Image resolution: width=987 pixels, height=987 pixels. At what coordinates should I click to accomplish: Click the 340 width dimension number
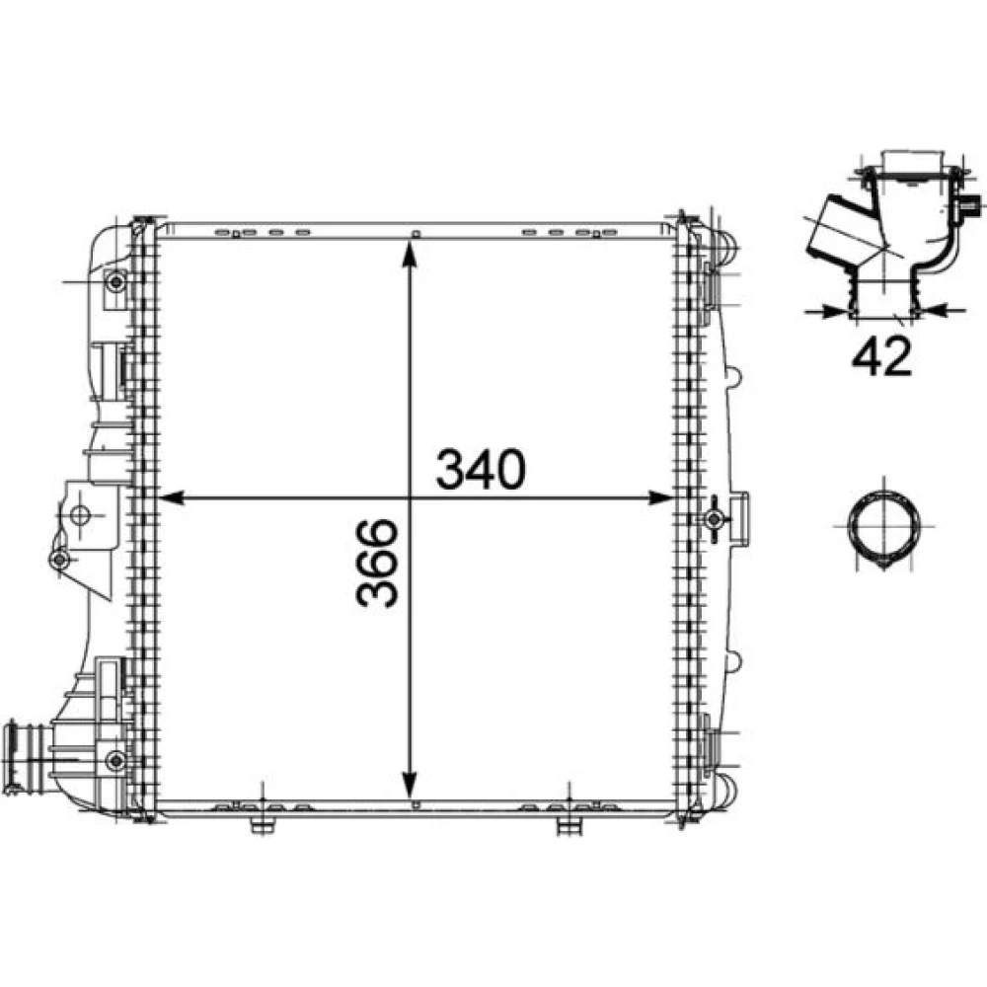coord(481,469)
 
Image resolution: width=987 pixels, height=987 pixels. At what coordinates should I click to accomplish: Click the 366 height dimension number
coord(377,564)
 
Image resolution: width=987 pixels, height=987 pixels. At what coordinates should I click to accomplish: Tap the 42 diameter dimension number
coord(881,356)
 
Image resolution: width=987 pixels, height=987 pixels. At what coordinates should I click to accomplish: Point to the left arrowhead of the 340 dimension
coord(170,497)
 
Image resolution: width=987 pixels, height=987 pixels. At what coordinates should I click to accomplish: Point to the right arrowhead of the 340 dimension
coord(660,497)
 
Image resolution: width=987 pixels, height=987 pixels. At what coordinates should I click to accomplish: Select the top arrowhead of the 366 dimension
coord(410,254)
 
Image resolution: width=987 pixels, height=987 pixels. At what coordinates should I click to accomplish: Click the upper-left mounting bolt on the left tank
coord(115,282)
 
